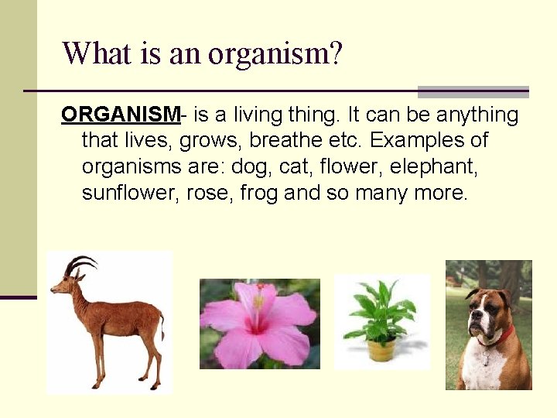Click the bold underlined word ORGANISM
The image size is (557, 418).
(x=120, y=115)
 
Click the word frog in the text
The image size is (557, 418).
(x=259, y=192)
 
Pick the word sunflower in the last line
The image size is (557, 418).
(x=131, y=192)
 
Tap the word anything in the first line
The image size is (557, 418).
(x=477, y=115)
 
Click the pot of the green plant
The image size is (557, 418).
(x=381, y=350)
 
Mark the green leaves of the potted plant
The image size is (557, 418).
(x=381, y=313)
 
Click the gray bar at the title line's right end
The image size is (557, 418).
(x=473, y=91)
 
